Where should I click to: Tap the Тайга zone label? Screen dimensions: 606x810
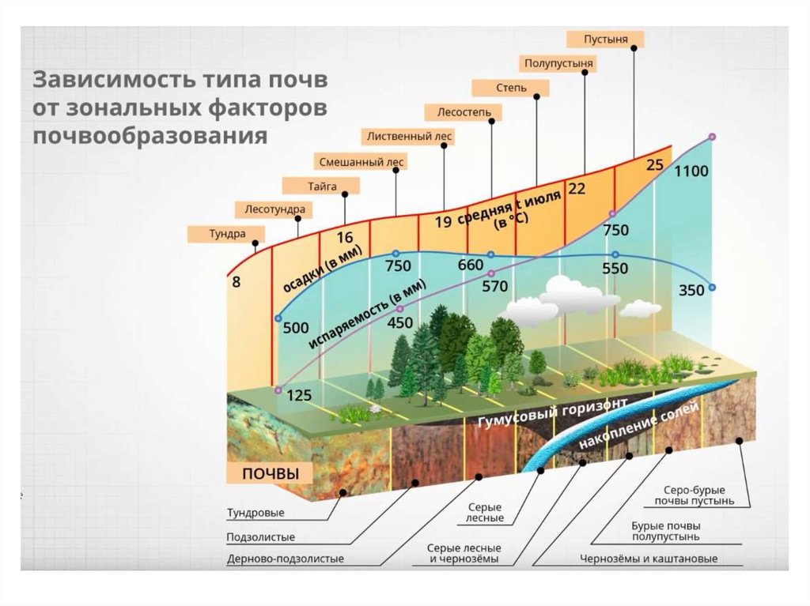point(322,186)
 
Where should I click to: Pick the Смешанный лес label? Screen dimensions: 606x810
point(361,162)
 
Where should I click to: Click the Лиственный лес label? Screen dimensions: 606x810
point(409,137)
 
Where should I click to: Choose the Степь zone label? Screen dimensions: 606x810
point(500,88)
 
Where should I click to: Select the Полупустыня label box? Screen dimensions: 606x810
point(558,63)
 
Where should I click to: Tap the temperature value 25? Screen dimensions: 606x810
point(654,165)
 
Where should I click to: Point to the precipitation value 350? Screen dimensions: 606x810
point(691,291)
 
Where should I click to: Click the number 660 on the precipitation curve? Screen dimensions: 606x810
point(469,265)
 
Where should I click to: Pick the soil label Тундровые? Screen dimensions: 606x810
point(255,513)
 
